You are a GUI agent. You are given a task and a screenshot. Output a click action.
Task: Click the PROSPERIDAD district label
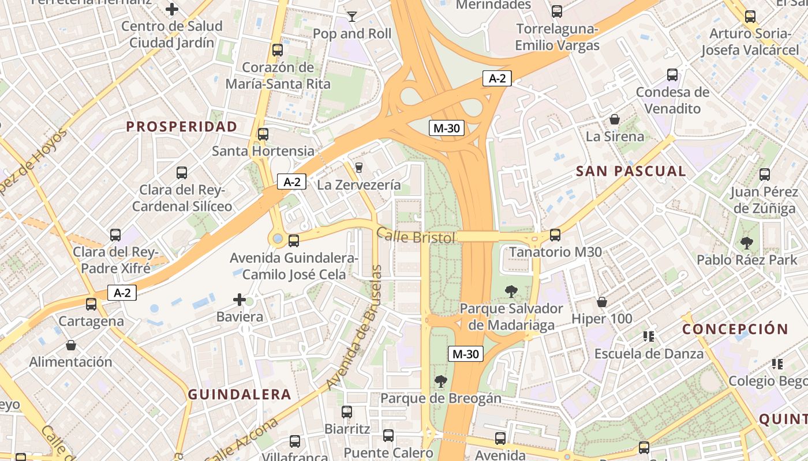tap(182, 127)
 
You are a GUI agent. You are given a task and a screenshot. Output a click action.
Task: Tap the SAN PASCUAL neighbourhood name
tap(631, 171)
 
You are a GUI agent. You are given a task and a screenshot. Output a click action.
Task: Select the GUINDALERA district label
tap(240, 395)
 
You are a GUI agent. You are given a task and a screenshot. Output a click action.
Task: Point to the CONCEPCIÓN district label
tap(735, 329)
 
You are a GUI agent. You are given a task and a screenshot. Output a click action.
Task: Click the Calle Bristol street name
tap(416, 236)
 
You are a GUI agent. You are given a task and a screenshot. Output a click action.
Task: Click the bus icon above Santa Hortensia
tap(263, 134)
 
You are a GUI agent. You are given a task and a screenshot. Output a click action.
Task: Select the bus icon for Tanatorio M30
tap(555, 235)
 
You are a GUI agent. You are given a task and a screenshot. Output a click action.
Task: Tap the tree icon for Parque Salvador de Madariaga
tap(511, 291)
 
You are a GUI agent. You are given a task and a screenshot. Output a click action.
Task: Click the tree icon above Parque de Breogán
tap(441, 381)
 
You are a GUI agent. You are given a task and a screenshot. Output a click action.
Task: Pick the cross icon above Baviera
tap(240, 300)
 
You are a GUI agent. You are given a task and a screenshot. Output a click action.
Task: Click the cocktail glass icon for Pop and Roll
tap(352, 16)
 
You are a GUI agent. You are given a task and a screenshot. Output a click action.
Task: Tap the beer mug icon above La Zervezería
tap(359, 168)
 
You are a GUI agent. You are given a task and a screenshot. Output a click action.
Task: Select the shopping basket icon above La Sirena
tap(615, 119)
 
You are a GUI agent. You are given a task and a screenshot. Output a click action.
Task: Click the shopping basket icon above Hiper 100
tap(602, 301)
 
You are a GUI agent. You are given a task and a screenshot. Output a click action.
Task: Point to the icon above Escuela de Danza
tap(649, 336)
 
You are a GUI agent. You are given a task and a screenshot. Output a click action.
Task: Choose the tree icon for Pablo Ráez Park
tap(747, 243)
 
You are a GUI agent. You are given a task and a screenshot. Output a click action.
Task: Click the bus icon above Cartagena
tap(91, 304)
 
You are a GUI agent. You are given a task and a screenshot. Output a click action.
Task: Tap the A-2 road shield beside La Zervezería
tap(291, 182)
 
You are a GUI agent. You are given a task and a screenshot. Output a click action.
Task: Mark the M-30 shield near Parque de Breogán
tap(465, 354)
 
